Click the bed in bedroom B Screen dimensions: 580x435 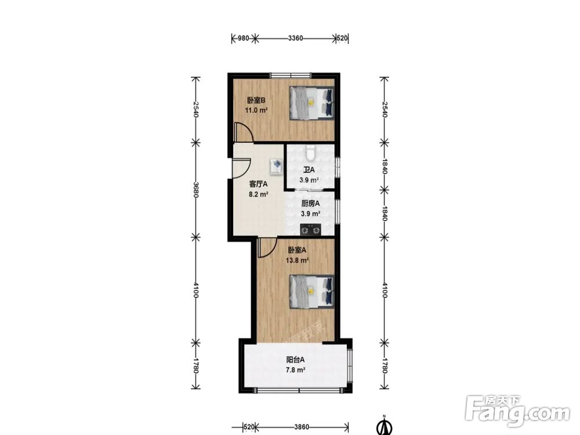point(312,103)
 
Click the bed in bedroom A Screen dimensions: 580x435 point(312,291)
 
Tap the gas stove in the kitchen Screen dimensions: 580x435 point(310,230)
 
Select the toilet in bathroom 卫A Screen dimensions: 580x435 point(310,153)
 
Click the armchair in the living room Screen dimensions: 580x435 point(276,166)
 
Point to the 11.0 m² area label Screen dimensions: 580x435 point(256,110)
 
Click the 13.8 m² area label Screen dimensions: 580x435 point(297,260)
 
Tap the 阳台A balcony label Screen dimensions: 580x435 point(295,360)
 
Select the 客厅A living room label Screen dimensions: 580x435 point(258,184)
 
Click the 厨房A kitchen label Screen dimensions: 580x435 point(310,204)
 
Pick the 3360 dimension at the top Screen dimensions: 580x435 point(296,38)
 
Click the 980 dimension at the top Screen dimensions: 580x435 point(243,38)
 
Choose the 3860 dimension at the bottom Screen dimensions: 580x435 point(302,427)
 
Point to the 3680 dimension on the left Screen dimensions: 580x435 point(195,189)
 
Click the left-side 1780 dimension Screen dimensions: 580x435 point(195,365)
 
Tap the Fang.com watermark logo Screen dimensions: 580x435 point(518,411)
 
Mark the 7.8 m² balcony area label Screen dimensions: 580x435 point(295,370)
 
